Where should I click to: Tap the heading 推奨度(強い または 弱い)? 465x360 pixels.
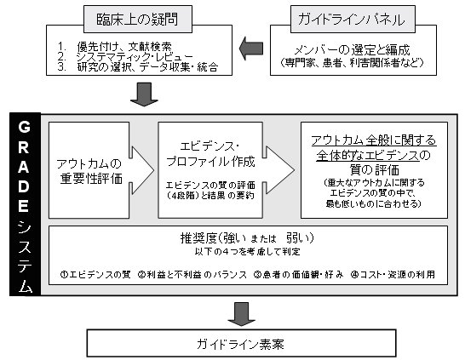point(247,237)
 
